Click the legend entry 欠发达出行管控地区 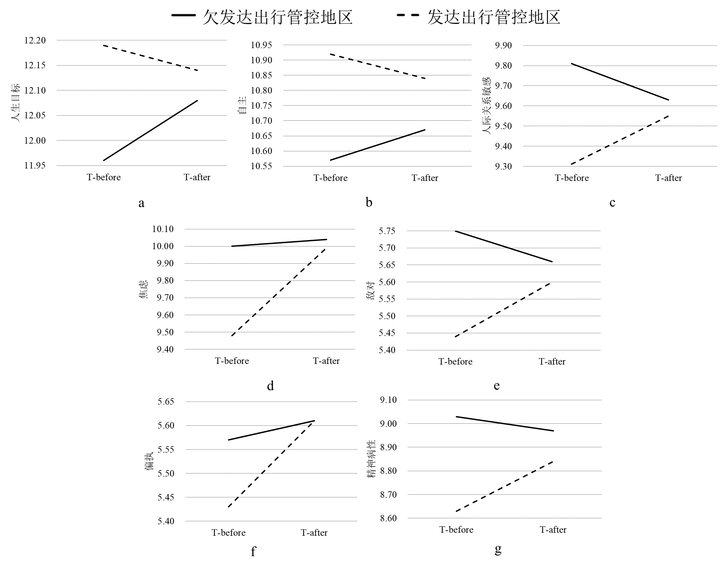coord(278,17)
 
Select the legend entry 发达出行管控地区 coord(494,17)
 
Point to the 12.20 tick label coord(35,40)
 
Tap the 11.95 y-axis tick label coord(35,165)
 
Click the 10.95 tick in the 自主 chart coord(262,45)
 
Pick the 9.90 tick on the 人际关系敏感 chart coord(503,45)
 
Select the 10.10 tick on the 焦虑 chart coord(163,229)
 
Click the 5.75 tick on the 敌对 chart coord(387,231)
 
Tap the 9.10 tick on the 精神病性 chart coord(388,400)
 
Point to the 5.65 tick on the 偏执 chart coord(166,402)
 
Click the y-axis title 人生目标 coord(15,103)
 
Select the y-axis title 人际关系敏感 coord(487,106)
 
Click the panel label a coord(142,203)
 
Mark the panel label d coord(270,386)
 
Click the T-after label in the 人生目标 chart coord(197,177)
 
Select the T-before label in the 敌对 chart coord(455,362)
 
